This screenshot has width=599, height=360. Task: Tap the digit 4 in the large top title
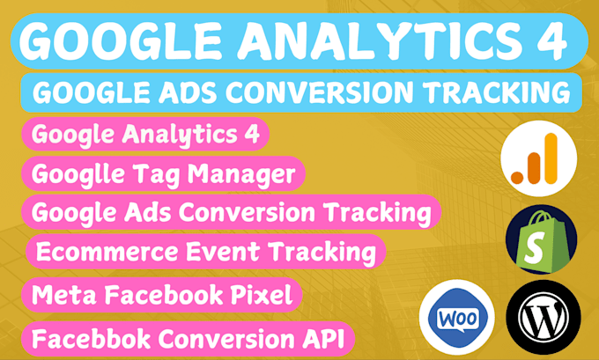(x=548, y=40)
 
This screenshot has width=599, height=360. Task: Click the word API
(x=322, y=336)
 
